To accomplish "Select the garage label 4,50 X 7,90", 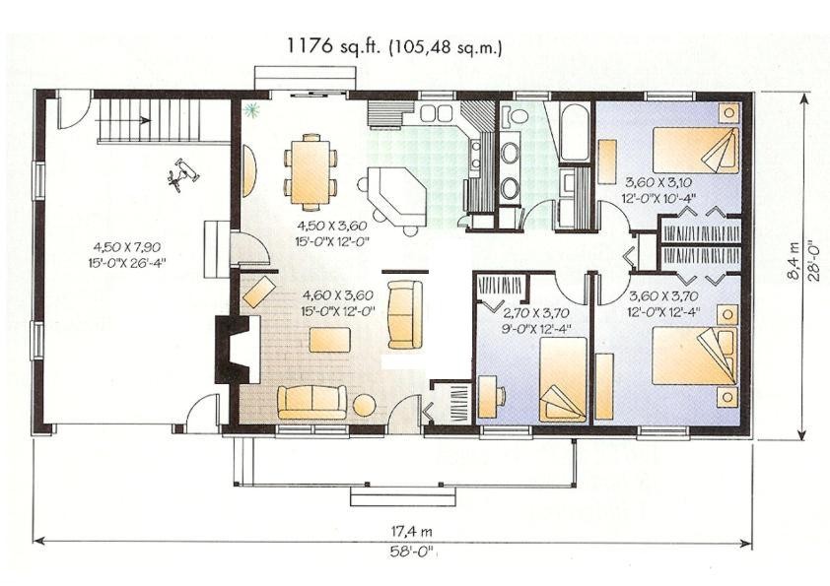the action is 127,246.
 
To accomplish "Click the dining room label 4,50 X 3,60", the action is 332,226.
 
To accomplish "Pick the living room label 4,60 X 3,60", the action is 338,295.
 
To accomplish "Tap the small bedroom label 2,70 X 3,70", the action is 534,313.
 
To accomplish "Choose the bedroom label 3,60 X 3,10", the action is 659,183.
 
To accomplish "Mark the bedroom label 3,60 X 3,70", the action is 662,296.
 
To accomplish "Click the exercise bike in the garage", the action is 183,174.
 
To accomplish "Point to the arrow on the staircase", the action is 124,120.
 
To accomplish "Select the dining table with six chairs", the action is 311,168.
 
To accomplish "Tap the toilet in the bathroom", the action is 514,115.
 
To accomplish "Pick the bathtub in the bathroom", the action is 574,132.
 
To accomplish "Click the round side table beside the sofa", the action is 364,406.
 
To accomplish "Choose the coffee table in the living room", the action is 330,340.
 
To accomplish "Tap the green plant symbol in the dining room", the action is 251,109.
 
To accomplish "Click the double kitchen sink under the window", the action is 437,112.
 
